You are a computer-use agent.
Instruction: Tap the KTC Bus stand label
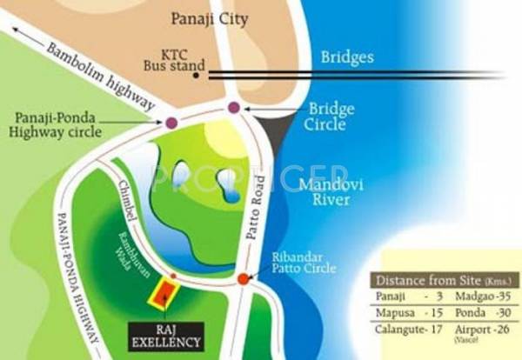pyautogui.click(x=174, y=57)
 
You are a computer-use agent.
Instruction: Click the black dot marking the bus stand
pyautogui.click(x=197, y=76)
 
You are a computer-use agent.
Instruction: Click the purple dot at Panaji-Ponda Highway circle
pyautogui.click(x=172, y=123)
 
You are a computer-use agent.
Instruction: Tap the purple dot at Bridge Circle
pyautogui.click(x=233, y=108)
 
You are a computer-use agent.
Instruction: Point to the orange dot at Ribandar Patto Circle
pyautogui.click(x=243, y=279)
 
